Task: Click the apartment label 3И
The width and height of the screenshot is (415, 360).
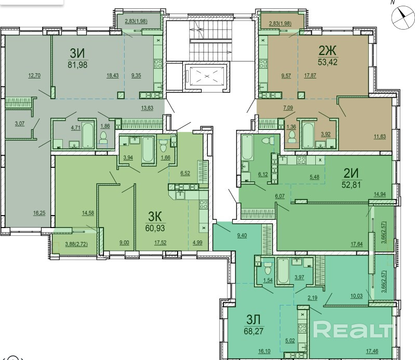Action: tap(77, 54)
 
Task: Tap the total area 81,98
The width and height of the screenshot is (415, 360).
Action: tap(77, 65)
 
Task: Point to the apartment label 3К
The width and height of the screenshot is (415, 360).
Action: tap(155, 217)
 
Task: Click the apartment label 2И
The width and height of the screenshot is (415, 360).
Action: tap(351, 174)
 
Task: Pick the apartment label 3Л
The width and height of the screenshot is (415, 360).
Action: tap(253, 320)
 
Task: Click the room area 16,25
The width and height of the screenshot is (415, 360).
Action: tap(39, 213)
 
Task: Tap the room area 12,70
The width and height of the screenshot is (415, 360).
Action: tap(34, 75)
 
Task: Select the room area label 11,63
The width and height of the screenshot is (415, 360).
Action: tap(380, 137)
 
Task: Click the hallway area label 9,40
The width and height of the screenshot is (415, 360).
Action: tap(242, 235)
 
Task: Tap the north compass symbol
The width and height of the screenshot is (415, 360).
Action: tap(402, 18)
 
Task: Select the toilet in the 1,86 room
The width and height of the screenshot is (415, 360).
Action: tap(105, 137)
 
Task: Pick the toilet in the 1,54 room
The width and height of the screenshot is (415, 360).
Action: tap(268, 269)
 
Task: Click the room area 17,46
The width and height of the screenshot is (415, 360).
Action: tap(372, 351)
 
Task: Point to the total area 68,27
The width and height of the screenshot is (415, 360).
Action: tap(254, 331)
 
